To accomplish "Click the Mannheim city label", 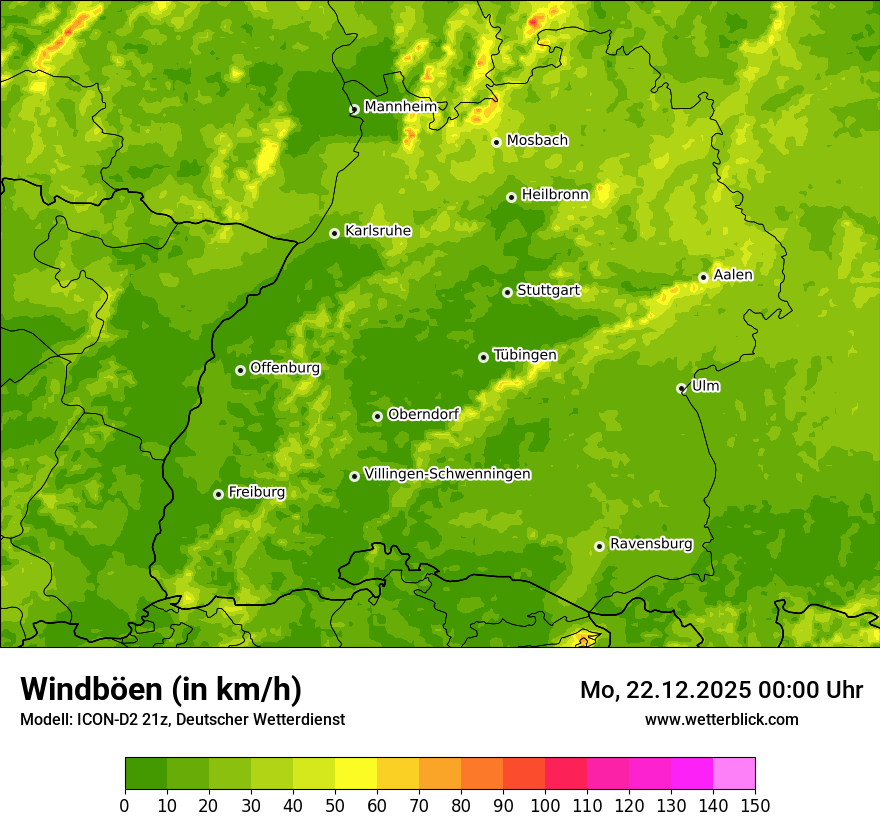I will pos(399,107).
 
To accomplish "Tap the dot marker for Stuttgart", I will pos(507,292).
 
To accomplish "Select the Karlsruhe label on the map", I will pos(377,231).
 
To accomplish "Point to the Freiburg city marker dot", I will pos(218,494).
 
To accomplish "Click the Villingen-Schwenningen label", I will pos(447,474).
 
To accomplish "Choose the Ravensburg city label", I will pos(650,544).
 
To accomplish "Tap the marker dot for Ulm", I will pos(681,388).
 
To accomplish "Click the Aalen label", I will pos(733,275).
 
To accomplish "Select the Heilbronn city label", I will pos(555,195).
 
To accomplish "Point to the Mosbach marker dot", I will pos(496,142).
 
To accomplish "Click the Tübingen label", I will pos(524,355).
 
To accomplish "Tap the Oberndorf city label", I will pos(423,414).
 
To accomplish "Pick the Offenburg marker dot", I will pos(240,370).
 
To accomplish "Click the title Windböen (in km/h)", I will pos(160,689).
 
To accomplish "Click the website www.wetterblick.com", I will pos(721,719).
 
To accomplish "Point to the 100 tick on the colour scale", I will pos(545,805).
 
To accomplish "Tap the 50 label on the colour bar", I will pos(335,805).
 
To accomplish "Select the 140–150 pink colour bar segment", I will pos(734,774).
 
